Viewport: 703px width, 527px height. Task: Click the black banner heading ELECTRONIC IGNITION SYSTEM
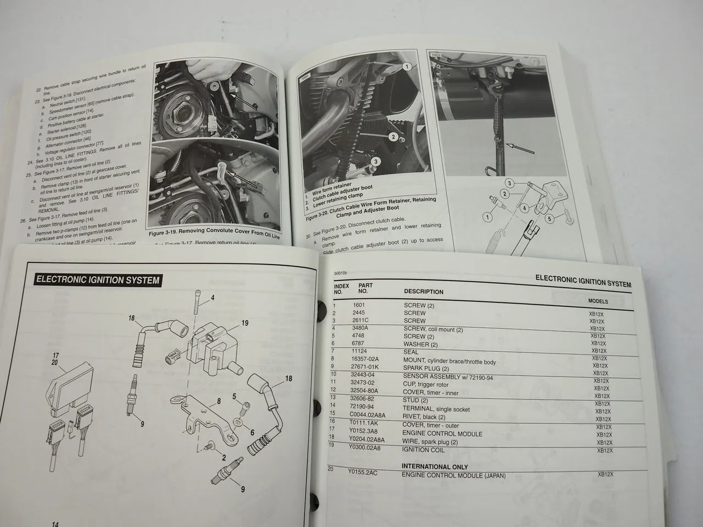[97, 279]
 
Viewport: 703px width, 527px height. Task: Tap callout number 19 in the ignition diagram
[245, 323]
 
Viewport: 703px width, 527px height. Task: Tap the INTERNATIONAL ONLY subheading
[435, 467]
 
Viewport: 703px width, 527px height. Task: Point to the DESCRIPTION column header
[423, 291]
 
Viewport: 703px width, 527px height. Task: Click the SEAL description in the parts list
[413, 351]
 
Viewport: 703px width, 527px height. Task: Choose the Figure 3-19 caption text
[214, 234]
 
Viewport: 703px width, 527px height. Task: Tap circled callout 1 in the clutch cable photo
[406, 66]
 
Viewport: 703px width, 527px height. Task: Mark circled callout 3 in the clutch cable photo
[375, 161]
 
